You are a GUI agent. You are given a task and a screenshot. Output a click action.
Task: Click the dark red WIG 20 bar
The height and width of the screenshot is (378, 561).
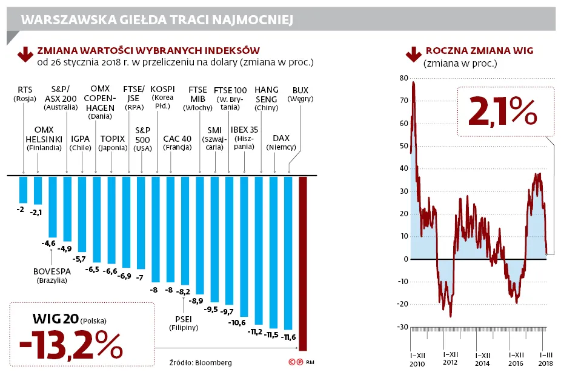303,264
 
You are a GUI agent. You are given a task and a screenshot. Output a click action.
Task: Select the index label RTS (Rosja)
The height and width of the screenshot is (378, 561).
25,94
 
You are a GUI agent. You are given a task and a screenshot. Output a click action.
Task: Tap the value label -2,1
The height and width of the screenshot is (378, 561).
38,213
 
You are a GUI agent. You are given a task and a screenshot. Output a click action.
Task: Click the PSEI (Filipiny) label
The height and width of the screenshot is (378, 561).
183,323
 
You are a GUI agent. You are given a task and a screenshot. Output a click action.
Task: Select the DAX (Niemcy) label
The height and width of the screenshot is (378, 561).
281,142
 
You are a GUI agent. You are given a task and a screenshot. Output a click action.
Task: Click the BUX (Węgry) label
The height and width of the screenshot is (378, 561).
300,94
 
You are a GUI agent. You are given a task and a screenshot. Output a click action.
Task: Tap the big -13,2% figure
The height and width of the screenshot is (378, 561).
71,345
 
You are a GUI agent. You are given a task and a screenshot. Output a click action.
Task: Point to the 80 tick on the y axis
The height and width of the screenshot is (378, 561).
403,78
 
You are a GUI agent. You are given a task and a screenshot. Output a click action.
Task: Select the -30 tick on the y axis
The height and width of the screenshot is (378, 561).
402,327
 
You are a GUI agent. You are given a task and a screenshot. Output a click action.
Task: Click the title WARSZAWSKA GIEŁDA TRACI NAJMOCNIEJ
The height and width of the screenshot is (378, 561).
158,21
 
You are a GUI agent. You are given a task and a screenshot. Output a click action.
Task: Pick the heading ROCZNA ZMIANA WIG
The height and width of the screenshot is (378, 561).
479,51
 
